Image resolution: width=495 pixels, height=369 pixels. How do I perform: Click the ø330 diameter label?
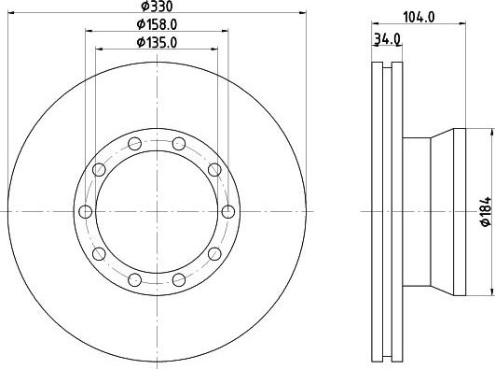tap(157, 7)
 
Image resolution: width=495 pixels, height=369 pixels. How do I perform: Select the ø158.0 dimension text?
tap(157, 24)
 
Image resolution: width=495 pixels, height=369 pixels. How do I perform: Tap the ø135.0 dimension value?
tap(157, 42)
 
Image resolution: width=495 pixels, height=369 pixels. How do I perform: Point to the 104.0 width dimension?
tap(419, 17)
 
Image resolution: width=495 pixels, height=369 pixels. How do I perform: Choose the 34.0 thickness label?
tap(387, 39)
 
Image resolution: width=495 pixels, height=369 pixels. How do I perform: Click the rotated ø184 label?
tap(487, 211)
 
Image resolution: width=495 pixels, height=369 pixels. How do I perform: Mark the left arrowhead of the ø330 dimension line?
tap(11, 13)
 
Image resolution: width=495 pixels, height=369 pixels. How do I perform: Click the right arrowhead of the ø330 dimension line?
tap(302, 13)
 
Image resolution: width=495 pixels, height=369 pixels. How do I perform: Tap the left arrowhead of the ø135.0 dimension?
tap(99, 50)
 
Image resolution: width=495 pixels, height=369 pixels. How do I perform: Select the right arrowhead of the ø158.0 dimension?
tap(225, 31)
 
